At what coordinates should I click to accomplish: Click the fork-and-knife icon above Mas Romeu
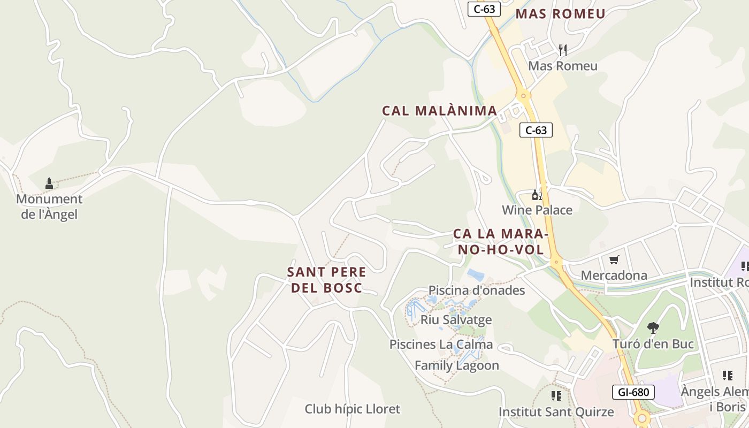pyautogui.click(x=562, y=50)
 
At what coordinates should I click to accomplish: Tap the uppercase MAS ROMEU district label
pyautogui.click(x=560, y=14)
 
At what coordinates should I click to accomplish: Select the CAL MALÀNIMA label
pyautogui.click(x=439, y=111)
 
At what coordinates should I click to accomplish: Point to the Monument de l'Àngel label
pyautogui.click(x=49, y=207)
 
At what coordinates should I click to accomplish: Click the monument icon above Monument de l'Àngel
pyautogui.click(x=49, y=184)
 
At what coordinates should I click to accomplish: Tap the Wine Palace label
pyautogui.click(x=537, y=210)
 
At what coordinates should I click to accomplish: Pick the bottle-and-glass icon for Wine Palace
pyautogui.click(x=537, y=195)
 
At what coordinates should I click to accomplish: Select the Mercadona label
pyautogui.click(x=614, y=275)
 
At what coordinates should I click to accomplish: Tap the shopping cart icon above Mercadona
pyautogui.click(x=614, y=260)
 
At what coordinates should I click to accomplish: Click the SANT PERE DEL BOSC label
pyautogui.click(x=326, y=279)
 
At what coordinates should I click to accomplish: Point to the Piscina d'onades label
pyautogui.click(x=476, y=290)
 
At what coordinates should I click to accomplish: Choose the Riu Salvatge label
pyautogui.click(x=456, y=319)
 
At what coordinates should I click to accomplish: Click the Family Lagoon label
pyautogui.click(x=456, y=365)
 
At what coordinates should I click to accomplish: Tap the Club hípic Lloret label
pyautogui.click(x=352, y=409)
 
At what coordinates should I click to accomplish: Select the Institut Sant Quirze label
pyautogui.click(x=556, y=412)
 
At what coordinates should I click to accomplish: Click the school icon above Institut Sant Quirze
pyautogui.click(x=556, y=396)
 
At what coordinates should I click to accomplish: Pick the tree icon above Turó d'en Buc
pyautogui.click(x=653, y=327)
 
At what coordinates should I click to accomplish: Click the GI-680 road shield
pyautogui.click(x=633, y=392)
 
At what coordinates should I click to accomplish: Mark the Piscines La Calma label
pyautogui.click(x=441, y=344)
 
